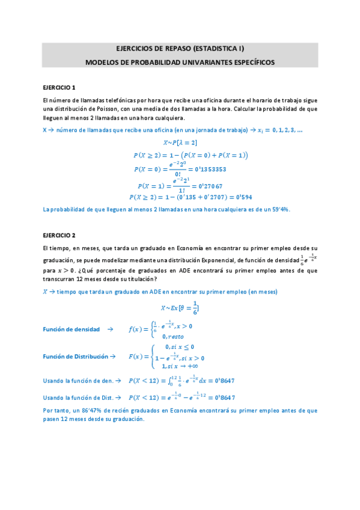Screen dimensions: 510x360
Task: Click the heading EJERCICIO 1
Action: coord(58,87)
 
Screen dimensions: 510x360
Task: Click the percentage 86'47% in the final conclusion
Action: coord(91,410)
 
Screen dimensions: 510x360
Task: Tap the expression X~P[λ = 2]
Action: coord(180,143)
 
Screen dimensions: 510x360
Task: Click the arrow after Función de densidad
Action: coord(110,329)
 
